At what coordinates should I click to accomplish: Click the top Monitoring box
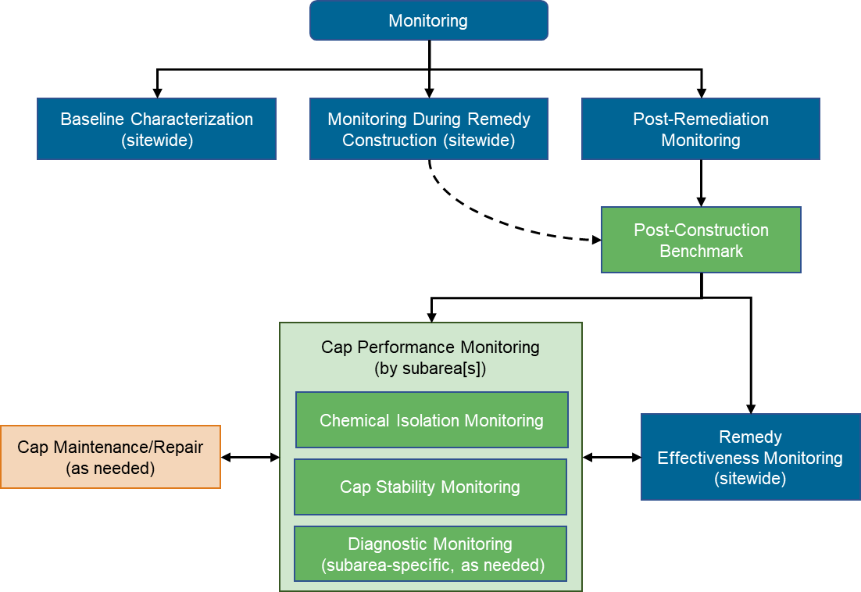[x=428, y=21]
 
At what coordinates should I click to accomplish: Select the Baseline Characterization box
[x=156, y=129]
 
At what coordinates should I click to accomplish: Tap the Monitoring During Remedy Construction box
[x=428, y=129]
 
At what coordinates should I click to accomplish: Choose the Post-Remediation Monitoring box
[x=700, y=129]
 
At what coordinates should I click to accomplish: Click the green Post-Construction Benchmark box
[x=701, y=240]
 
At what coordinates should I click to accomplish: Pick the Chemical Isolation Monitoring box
[x=431, y=420]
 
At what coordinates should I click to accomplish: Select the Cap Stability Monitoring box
[x=430, y=487]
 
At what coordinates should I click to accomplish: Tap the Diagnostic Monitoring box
[x=430, y=554]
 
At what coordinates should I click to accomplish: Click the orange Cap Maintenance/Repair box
[x=110, y=457]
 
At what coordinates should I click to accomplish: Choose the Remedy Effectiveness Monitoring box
[x=750, y=457]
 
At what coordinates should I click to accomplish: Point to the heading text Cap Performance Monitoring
[x=430, y=347]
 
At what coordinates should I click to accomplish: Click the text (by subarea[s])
[x=430, y=369]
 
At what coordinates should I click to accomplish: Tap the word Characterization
[x=191, y=119]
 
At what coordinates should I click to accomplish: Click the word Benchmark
[x=701, y=251]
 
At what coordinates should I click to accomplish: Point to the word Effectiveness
[x=708, y=458]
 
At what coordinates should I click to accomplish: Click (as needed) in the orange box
[x=110, y=469]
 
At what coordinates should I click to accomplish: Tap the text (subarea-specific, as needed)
[x=432, y=565]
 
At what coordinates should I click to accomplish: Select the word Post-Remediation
[x=700, y=119]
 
